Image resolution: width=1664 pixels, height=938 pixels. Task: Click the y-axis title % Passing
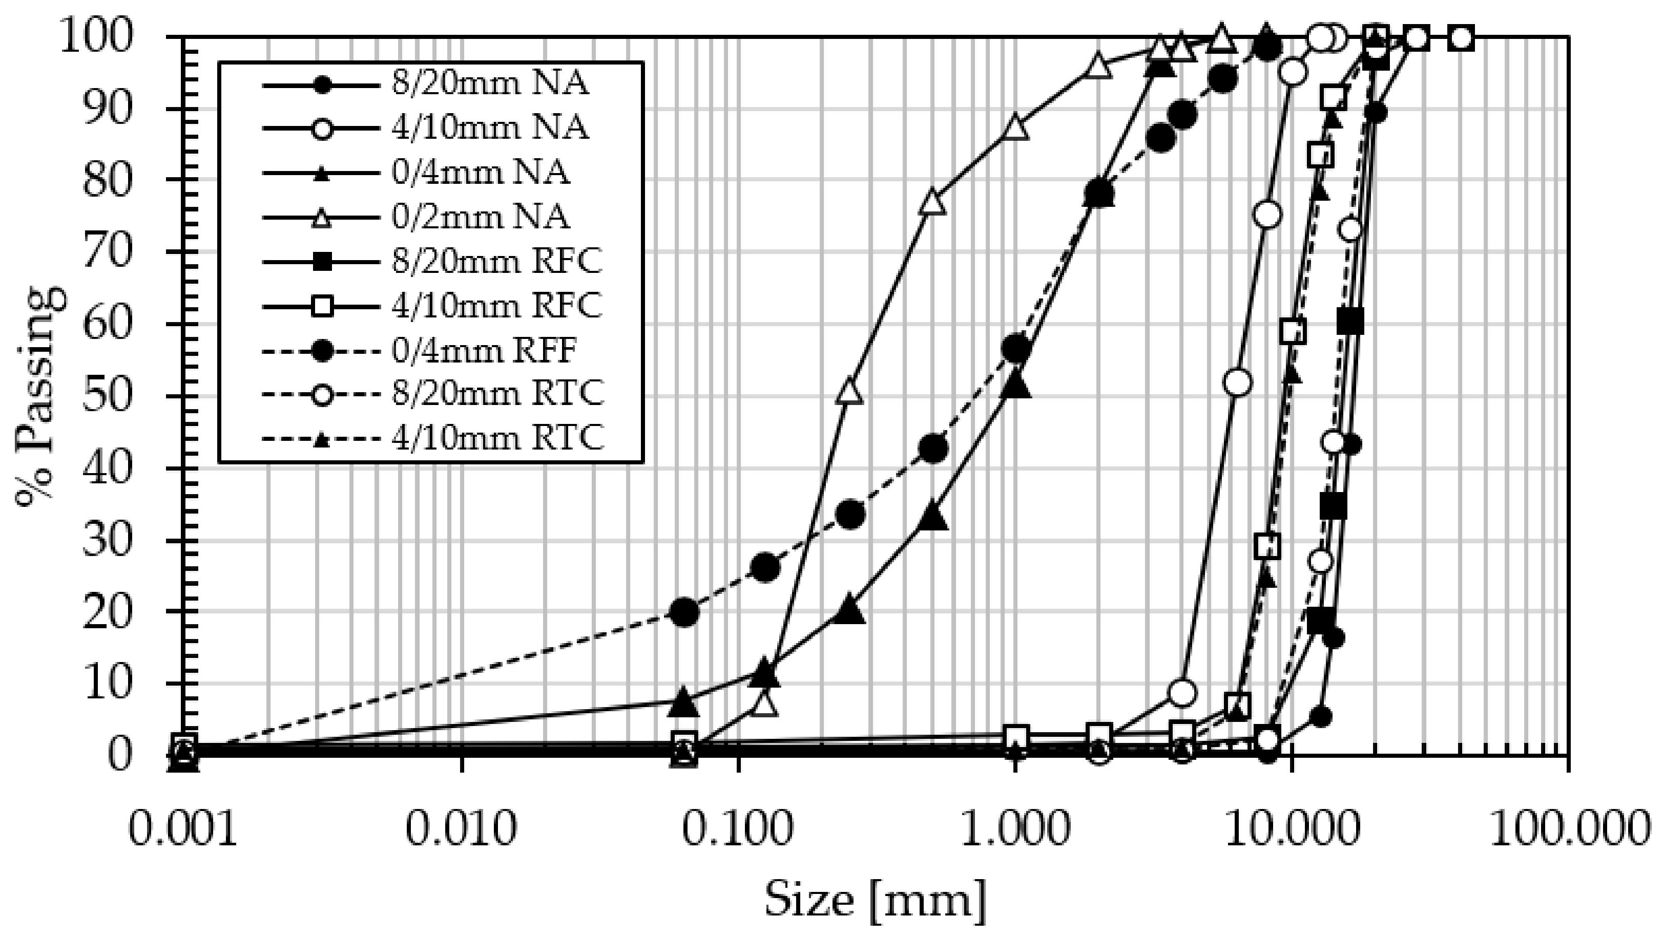click(40, 395)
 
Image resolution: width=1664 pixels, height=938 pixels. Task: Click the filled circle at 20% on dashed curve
click(685, 611)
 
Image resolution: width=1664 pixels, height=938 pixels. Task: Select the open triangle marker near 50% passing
click(849, 391)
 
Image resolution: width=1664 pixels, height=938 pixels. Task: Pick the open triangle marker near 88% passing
click(1015, 126)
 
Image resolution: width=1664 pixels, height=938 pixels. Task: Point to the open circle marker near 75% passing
click(1267, 215)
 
